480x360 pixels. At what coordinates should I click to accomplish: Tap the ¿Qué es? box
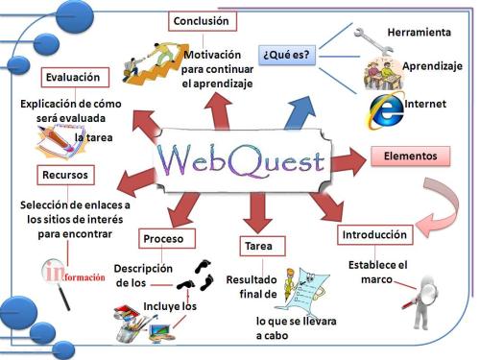pos(285,54)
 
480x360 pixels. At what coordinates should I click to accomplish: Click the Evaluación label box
pos(77,78)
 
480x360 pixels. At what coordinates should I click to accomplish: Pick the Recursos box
pos(65,175)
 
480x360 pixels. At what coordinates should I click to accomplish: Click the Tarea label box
pos(258,246)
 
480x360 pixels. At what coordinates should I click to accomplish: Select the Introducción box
pos(375,234)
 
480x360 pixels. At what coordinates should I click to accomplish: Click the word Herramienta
pos(419,33)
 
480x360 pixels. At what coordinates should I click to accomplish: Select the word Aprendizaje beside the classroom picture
pos(432,66)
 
